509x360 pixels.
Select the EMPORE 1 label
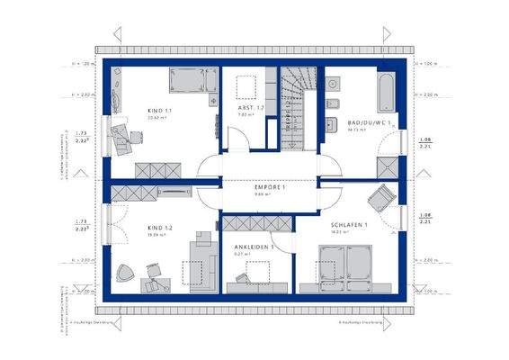[x=270, y=185]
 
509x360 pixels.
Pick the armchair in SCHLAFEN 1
[x=381, y=197]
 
